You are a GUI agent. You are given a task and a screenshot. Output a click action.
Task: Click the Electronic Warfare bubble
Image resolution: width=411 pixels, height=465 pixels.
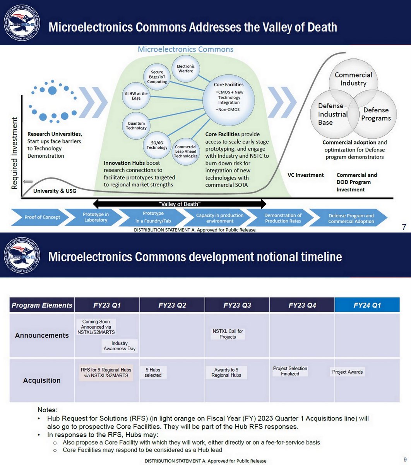(x=186, y=69)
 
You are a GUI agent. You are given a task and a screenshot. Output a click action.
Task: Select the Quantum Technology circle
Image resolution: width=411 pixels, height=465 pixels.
(x=136, y=126)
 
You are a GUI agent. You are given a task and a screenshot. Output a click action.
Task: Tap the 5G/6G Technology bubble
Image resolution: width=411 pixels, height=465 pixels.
(x=157, y=145)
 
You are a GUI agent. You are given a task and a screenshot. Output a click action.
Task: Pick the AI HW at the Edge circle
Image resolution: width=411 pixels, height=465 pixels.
(x=136, y=96)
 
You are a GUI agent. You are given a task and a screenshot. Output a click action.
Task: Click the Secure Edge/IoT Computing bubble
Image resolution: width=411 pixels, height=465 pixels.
(x=157, y=77)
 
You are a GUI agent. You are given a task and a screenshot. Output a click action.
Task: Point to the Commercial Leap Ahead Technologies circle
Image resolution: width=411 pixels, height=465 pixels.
(x=186, y=152)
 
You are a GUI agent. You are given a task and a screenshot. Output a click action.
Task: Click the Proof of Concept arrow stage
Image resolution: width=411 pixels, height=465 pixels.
(x=42, y=217)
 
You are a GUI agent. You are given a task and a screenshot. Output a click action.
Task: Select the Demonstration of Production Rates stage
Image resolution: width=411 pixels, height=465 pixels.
(x=283, y=218)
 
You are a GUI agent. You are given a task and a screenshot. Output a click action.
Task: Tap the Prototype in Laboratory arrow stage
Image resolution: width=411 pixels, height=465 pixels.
(x=96, y=217)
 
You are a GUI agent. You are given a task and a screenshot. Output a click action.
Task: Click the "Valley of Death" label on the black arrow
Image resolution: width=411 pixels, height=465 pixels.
(x=180, y=204)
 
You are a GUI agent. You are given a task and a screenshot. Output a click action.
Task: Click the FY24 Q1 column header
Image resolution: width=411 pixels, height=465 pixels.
(x=367, y=305)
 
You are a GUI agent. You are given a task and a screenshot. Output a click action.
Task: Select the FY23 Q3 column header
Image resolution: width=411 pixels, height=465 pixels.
(x=237, y=305)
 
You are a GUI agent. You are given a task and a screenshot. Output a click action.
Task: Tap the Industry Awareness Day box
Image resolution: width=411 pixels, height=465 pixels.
(x=120, y=346)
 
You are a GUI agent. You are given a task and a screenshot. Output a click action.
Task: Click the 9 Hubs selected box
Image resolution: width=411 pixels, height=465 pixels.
(x=153, y=372)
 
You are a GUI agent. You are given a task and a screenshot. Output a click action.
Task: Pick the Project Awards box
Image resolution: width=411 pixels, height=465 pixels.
(x=347, y=372)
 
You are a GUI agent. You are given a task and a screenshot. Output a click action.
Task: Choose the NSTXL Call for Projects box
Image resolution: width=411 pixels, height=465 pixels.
(x=228, y=334)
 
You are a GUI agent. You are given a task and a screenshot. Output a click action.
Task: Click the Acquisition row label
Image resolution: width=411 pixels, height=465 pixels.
(x=42, y=381)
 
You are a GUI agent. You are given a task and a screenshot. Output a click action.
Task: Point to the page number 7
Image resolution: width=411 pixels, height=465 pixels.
(x=404, y=227)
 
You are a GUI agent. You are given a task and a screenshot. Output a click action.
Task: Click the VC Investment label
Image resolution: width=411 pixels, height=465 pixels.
(x=305, y=175)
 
